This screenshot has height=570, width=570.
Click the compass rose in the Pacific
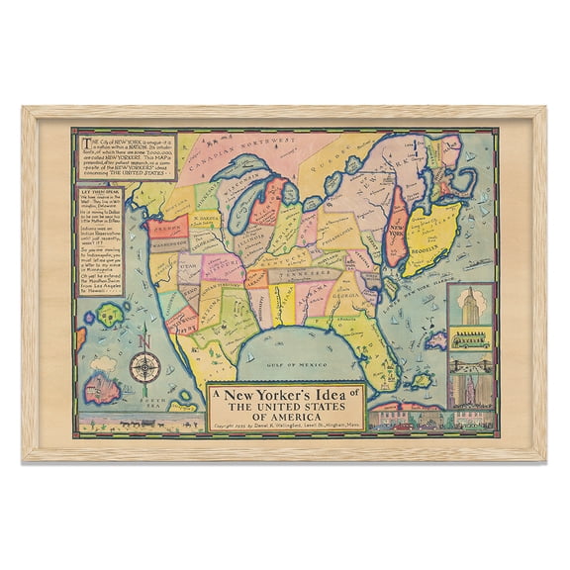pyautogui.click(x=144, y=368)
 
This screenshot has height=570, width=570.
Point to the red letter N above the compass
pyautogui.click(x=144, y=342)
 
